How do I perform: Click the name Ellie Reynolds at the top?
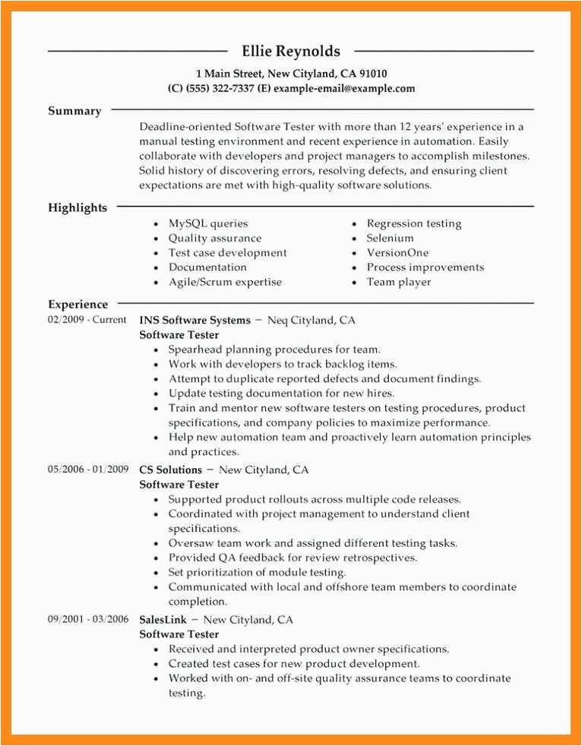pos(291,52)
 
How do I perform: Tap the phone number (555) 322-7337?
pos(213,88)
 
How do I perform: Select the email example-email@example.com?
pos(344,88)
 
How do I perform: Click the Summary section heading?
pos(74,111)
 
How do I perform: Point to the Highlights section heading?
pos(77,207)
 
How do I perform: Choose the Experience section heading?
pos(77,304)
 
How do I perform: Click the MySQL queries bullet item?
pos(208,223)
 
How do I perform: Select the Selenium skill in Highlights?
pos(390,238)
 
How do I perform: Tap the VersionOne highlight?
pos(397,252)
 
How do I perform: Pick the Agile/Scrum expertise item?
pos(225,282)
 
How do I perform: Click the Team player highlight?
pos(398,282)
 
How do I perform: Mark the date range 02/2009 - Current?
pos(87,320)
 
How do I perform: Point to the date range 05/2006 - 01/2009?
pos(88,469)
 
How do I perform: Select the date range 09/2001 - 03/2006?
pos(88,619)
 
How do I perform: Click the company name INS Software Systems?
pos(195,320)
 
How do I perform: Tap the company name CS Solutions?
pos(171,469)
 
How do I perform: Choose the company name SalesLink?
pos(163,619)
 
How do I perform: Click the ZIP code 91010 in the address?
pos(372,74)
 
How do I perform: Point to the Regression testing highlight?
pos(413,223)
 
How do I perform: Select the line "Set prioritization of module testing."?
pos(257,572)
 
